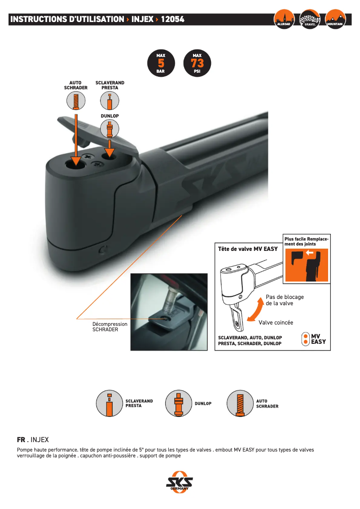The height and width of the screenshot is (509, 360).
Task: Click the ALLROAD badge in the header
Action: tap(284, 19)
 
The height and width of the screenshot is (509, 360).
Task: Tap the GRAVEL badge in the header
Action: tap(310, 19)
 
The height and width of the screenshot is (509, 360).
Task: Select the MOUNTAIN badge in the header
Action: tap(335, 19)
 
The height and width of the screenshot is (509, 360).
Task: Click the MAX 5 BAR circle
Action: tap(161, 63)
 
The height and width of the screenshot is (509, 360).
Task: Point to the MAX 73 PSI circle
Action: tap(197, 63)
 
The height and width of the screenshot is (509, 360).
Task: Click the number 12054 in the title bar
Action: tap(173, 19)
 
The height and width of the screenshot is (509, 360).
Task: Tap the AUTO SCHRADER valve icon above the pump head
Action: tap(76, 101)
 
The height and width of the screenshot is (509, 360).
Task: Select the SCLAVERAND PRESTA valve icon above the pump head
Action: tap(110, 101)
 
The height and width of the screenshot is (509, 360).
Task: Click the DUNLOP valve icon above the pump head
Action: tap(110, 129)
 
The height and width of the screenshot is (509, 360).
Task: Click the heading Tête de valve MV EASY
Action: tap(248, 249)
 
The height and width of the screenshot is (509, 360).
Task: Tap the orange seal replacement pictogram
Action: tap(307, 265)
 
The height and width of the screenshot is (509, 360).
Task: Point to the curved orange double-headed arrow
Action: tap(256, 310)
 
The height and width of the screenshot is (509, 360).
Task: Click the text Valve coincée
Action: tap(276, 322)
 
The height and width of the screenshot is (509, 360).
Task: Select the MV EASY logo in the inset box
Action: tap(314, 339)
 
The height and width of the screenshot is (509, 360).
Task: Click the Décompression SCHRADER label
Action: tap(110, 327)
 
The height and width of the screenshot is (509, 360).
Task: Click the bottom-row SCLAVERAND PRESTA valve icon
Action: tap(110, 404)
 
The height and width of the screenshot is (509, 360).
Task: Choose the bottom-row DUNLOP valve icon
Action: tap(179, 404)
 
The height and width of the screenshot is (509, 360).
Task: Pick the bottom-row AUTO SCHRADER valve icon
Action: tap(240, 404)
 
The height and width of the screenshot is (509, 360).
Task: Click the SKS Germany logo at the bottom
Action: tap(180, 483)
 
